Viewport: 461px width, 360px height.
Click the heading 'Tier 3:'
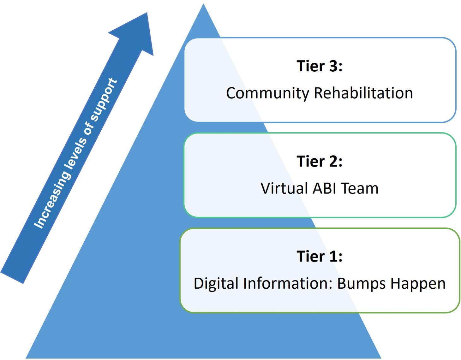tap(319, 66)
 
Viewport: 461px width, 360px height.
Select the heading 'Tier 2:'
tap(319, 161)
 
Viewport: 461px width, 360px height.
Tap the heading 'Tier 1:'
tap(319, 256)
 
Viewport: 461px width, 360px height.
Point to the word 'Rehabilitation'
tap(363, 93)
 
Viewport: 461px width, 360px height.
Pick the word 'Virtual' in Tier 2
tap(284, 188)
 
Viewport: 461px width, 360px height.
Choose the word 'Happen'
tap(418, 283)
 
